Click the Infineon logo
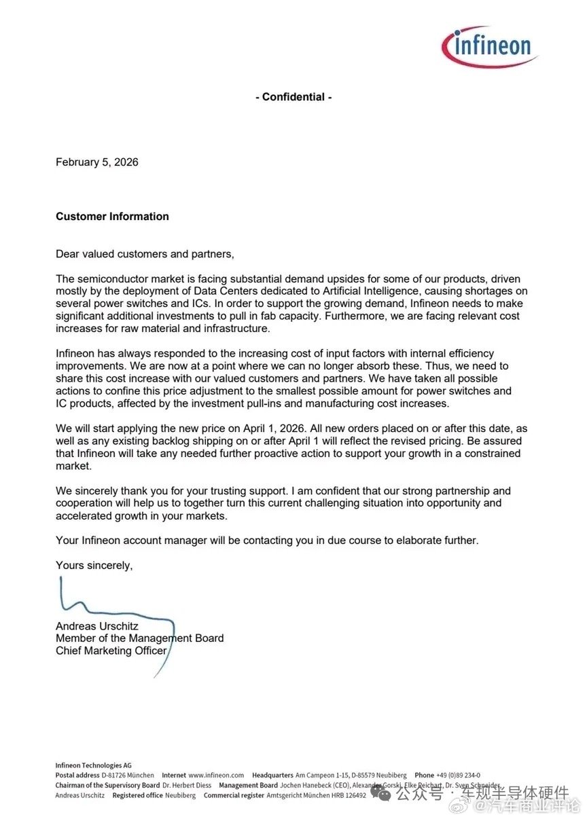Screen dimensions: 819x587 tap(489, 46)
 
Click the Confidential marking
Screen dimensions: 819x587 tap(293, 97)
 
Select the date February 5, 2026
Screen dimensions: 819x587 tap(97, 162)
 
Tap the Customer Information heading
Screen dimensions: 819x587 tap(112, 217)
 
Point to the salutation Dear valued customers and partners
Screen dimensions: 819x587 tap(145, 254)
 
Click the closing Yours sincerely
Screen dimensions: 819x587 tap(94, 565)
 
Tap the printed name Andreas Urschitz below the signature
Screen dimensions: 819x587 tap(96, 626)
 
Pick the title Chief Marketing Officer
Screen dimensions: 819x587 tap(111, 651)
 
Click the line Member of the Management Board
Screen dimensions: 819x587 tap(139, 638)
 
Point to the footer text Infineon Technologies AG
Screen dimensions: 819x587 tap(94, 765)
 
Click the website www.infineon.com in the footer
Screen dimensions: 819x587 tap(216, 775)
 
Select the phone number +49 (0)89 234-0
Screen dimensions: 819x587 tap(458, 775)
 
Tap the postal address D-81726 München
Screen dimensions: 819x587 tap(128, 775)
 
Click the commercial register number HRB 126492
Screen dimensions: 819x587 tap(351, 795)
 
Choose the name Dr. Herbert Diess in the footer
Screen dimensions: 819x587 tap(187, 785)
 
